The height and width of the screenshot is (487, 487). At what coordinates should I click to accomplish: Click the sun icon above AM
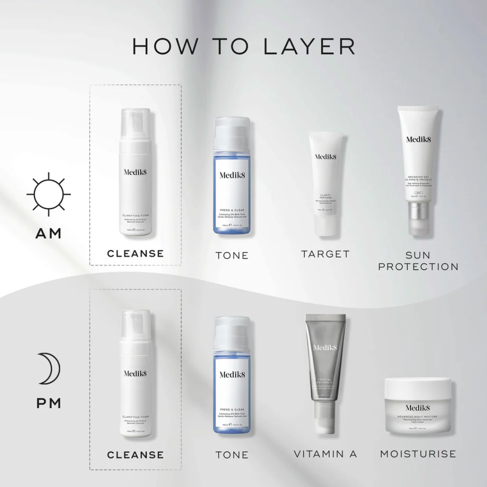point(49,194)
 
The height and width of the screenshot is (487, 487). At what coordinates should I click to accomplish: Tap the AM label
point(49,234)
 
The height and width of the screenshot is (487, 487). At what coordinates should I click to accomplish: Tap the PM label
point(49,403)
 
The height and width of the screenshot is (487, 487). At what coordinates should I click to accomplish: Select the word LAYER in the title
point(309,46)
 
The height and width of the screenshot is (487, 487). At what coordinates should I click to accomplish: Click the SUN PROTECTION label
point(418,261)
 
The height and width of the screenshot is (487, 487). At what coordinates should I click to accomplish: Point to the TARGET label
point(325,254)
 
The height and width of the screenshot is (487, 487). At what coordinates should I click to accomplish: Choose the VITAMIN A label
point(325,454)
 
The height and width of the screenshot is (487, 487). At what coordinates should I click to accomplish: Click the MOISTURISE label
point(418,454)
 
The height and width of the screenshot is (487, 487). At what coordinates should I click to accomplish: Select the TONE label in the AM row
point(232,255)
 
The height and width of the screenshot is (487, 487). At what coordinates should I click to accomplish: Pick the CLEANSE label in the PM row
point(135,455)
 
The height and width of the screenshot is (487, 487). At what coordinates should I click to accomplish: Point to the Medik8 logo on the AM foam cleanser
point(135,172)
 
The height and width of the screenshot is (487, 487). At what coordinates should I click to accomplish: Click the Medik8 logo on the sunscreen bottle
point(418,139)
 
